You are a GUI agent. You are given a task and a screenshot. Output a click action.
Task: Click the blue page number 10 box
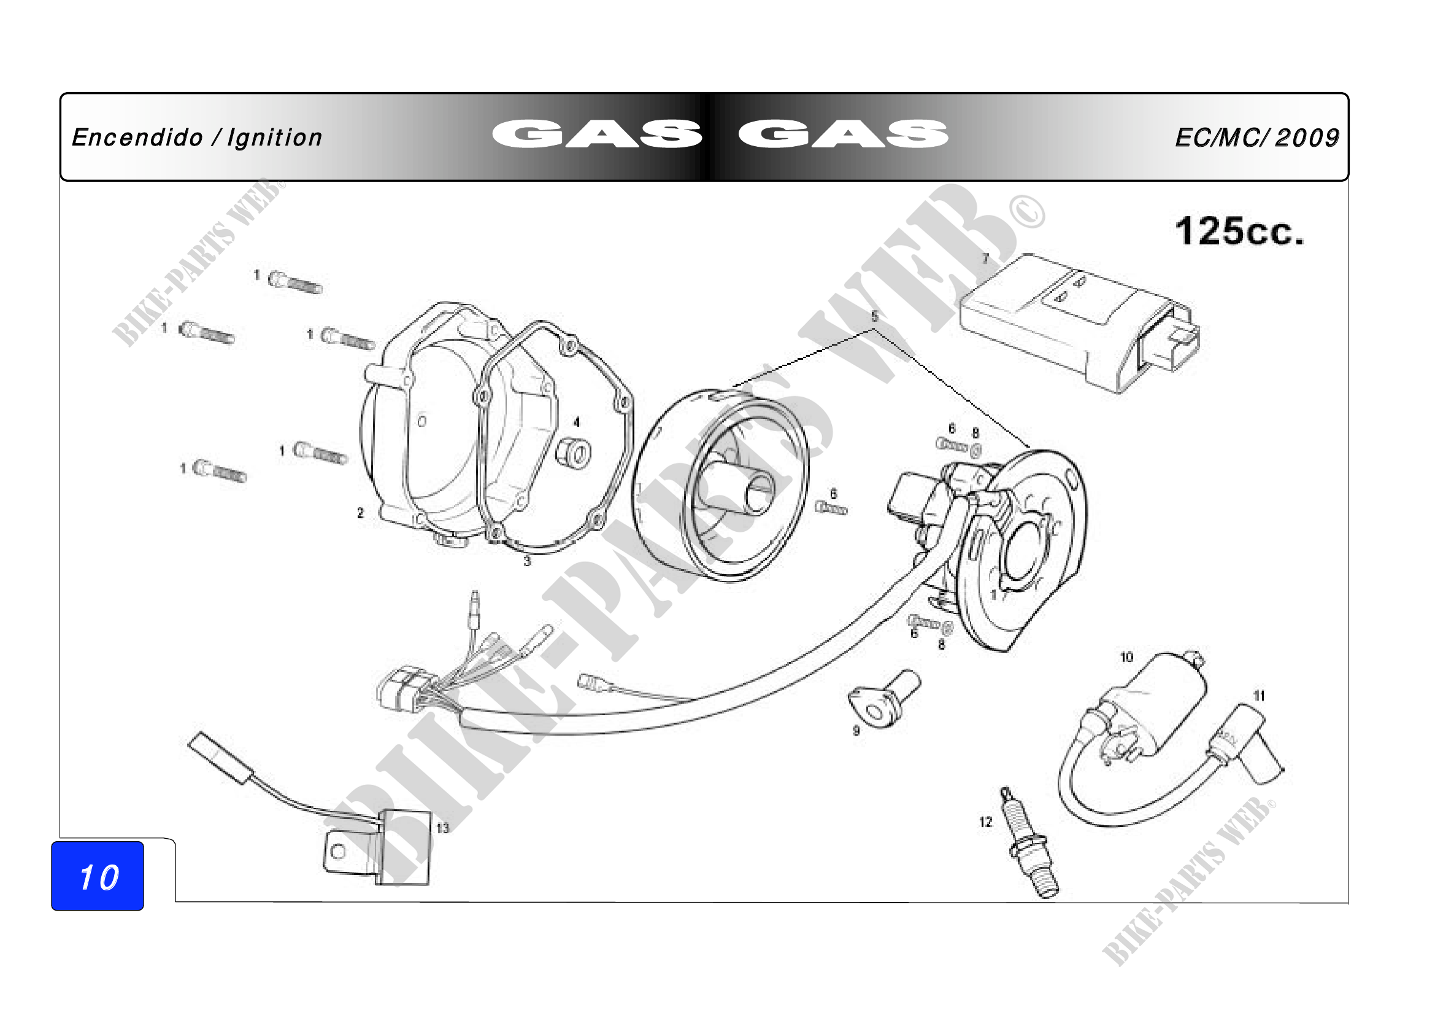point(98,876)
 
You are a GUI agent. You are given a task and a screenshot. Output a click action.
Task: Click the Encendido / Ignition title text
point(197,138)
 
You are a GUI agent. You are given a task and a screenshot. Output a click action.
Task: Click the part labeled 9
point(885,698)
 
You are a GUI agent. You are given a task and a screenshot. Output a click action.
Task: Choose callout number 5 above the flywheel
point(874,316)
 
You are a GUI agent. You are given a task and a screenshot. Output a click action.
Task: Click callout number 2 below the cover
point(360,513)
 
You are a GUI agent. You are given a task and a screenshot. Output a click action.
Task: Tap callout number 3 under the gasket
point(527,561)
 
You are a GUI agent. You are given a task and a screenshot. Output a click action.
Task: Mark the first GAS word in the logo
point(597,134)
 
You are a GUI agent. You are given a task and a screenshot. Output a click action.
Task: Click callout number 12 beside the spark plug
point(986,822)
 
